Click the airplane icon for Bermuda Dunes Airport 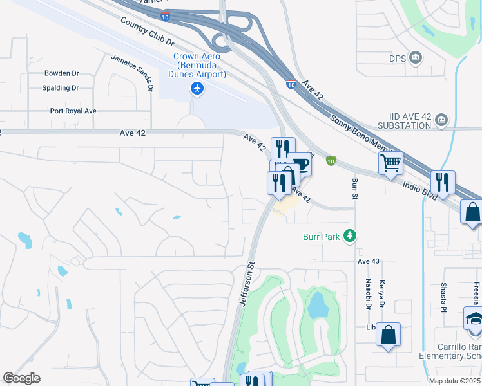(197, 88)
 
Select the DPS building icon (416, 59)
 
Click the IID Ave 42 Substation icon (441, 120)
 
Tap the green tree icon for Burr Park (349, 237)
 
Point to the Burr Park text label (321, 237)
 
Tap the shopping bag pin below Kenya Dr (388, 335)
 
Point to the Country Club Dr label (148, 31)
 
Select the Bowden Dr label (61, 73)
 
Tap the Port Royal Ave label (73, 111)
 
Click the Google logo (22, 378)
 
